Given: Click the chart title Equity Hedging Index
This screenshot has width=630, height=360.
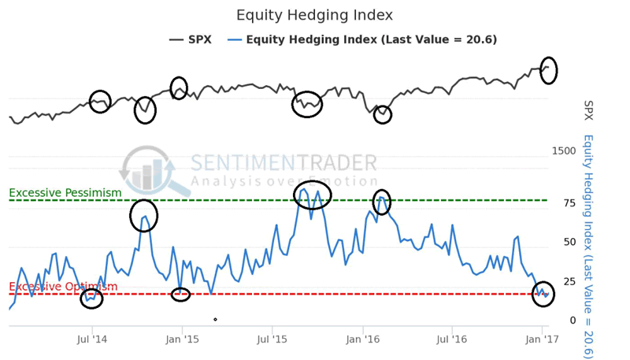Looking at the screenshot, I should point(314,15).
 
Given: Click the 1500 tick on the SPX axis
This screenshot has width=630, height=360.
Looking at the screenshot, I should point(564,150).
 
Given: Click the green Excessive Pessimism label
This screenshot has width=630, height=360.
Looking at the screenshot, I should point(65,193).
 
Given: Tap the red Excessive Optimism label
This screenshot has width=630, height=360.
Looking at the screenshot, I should point(63,287).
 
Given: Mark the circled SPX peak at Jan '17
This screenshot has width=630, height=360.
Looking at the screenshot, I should point(548,69).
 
